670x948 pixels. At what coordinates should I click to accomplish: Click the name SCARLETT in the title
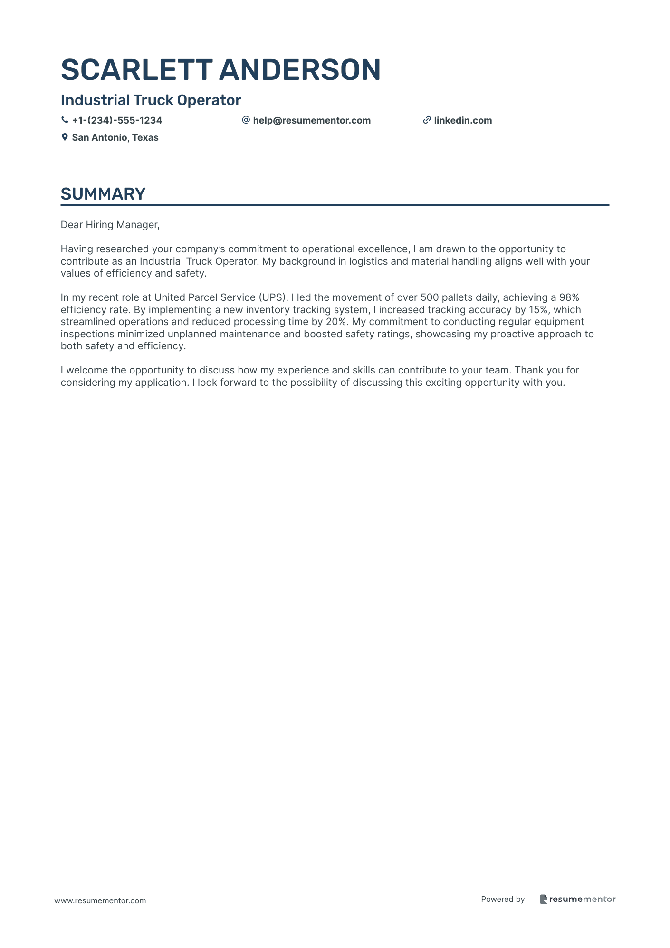[136, 70]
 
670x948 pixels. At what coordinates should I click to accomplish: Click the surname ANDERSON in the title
[300, 70]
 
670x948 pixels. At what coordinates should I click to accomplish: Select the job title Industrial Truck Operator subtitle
[151, 100]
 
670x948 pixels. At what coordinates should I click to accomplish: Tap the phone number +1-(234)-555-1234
[117, 121]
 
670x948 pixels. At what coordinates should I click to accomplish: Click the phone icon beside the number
[65, 120]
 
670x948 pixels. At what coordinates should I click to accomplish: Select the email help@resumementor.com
[312, 121]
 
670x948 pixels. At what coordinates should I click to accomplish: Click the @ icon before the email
[246, 120]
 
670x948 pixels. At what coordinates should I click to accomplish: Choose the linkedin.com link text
[463, 121]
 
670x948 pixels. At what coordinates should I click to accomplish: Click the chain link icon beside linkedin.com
[427, 120]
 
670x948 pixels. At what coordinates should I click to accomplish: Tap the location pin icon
[65, 137]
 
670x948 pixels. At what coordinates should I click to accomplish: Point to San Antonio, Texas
[115, 138]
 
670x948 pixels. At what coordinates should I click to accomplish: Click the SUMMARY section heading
[103, 194]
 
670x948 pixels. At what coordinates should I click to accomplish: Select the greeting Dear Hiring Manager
[110, 225]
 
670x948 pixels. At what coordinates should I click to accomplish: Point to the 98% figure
[569, 298]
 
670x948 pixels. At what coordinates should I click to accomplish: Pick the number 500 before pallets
[430, 298]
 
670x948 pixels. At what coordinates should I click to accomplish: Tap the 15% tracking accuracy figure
[539, 310]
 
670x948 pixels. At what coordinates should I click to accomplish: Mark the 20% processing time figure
[336, 322]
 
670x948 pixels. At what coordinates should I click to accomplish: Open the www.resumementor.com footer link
[100, 901]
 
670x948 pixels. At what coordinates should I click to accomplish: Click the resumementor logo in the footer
[577, 899]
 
